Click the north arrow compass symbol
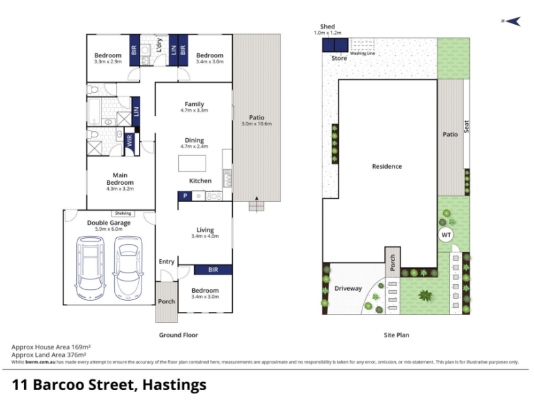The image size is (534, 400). [x=512, y=21]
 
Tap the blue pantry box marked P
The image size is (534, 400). [x=185, y=196]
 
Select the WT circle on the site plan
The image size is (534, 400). [x=446, y=235]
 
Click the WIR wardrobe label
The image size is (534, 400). [x=129, y=141]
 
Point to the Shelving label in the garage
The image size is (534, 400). [x=123, y=213]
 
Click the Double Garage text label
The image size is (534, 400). [x=109, y=223]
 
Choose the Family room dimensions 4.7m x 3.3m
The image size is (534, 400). [x=194, y=111]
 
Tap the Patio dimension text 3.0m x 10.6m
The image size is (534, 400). [x=256, y=124]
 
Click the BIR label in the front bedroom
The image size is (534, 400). [x=213, y=270]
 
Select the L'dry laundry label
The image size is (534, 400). [x=159, y=45]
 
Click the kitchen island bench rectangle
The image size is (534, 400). [x=192, y=163]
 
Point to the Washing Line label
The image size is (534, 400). [x=362, y=53]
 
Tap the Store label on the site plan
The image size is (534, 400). [x=339, y=58]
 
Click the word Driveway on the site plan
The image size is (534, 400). [x=348, y=289]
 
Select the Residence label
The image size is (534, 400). [x=387, y=166]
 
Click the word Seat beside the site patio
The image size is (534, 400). [x=466, y=126]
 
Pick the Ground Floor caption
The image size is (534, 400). [x=178, y=335]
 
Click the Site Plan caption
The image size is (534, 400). [x=396, y=335]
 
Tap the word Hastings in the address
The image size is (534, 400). [x=174, y=385]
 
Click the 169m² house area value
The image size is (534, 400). [x=81, y=347]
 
